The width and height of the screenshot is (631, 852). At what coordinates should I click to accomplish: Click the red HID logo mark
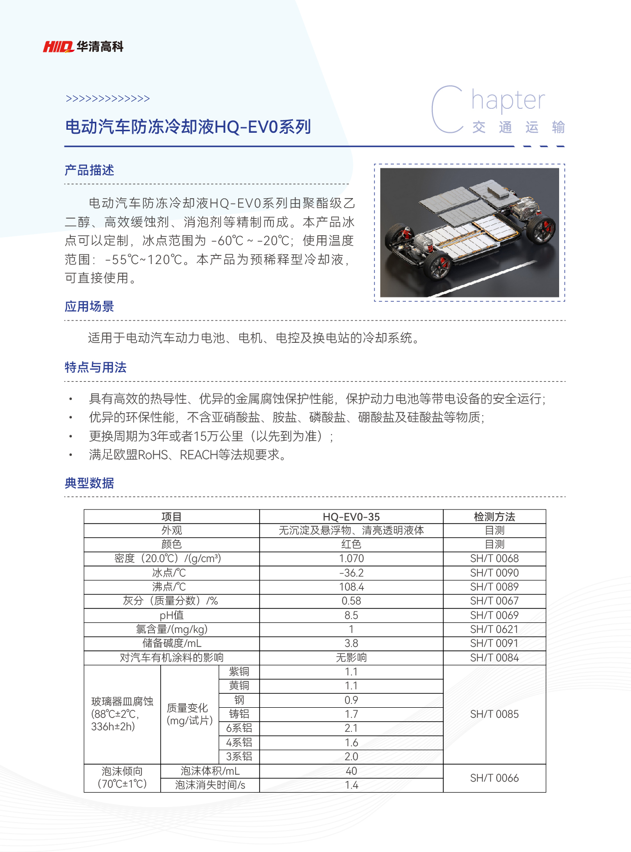pyautogui.click(x=58, y=47)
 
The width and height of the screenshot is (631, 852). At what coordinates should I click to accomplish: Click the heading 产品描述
pyautogui.click(x=89, y=170)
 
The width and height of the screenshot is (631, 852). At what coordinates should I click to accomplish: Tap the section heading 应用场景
pyautogui.click(x=89, y=306)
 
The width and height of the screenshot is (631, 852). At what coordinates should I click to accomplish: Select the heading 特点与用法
pyautogui.click(x=95, y=367)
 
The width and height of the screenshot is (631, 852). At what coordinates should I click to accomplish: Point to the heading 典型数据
pyautogui.click(x=89, y=483)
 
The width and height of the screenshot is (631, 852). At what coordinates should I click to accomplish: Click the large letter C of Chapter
pyautogui.click(x=448, y=110)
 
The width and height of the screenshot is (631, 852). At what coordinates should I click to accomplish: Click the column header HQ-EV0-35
pyautogui.click(x=351, y=517)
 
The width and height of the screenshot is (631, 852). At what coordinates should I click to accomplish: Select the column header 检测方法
pyautogui.click(x=494, y=517)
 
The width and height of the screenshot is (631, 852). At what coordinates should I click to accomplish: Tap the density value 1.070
pyautogui.click(x=351, y=559)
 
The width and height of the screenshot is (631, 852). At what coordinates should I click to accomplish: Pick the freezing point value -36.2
pyautogui.click(x=351, y=573)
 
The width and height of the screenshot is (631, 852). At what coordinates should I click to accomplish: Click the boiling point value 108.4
pyautogui.click(x=351, y=587)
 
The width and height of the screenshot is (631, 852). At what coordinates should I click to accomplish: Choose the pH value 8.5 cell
pyautogui.click(x=351, y=615)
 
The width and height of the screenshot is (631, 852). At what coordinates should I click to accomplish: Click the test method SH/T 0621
pyautogui.click(x=494, y=629)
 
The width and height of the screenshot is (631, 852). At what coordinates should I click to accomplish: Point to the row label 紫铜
pyautogui.click(x=239, y=672)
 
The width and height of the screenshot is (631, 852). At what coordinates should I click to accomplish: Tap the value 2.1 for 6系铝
pyautogui.click(x=351, y=728)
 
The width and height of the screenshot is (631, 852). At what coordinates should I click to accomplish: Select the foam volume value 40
pyautogui.click(x=351, y=771)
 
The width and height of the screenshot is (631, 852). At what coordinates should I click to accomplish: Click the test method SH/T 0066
pyautogui.click(x=494, y=778)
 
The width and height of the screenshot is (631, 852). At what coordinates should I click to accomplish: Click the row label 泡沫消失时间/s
pyautogui.click(x=210, y=785)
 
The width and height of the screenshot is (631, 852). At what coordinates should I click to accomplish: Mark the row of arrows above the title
pyautogui.click(x=108, y=99)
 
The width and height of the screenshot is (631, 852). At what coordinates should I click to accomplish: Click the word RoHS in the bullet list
pyautogui.click(x=153, y=455)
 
